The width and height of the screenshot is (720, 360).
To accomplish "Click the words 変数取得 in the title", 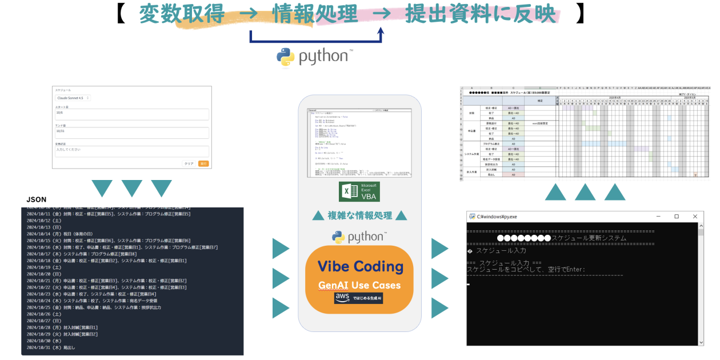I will tap(182, 14).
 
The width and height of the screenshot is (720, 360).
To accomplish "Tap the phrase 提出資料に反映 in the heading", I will tap(481, 14).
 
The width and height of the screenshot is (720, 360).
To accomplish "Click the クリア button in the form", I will tap(188, 163).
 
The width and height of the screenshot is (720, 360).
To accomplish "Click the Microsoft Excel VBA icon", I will tap(359, 191).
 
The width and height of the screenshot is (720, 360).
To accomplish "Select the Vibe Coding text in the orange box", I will tap(360, 266).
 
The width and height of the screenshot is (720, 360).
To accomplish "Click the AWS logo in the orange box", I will tap(343, 298).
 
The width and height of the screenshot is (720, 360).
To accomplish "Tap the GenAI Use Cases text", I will tap(359, 285).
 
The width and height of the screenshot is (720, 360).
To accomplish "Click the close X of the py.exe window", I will tap(694, 217).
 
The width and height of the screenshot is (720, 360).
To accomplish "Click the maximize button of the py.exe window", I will tap(676, 217).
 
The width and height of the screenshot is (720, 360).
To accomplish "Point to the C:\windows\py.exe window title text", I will tap(497, 217).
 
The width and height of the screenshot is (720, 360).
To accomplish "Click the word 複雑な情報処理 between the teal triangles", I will tap(359, 215).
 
